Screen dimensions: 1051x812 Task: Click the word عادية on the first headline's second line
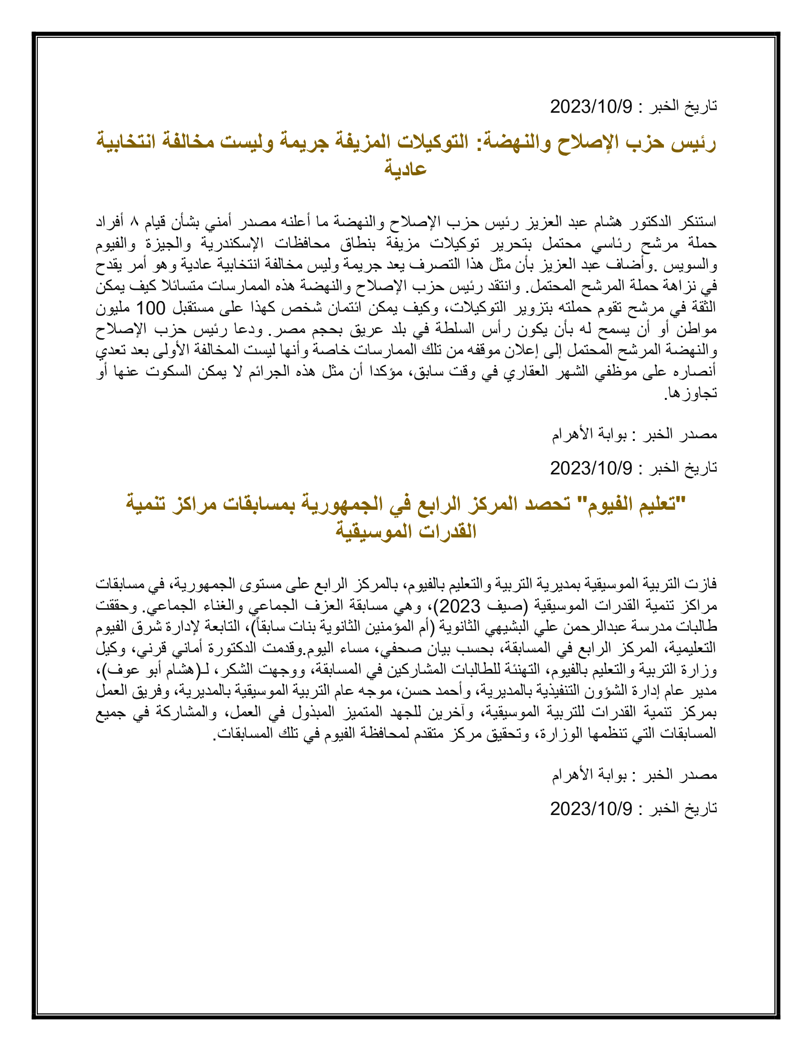pyautogui.click(x=406, y=170)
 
